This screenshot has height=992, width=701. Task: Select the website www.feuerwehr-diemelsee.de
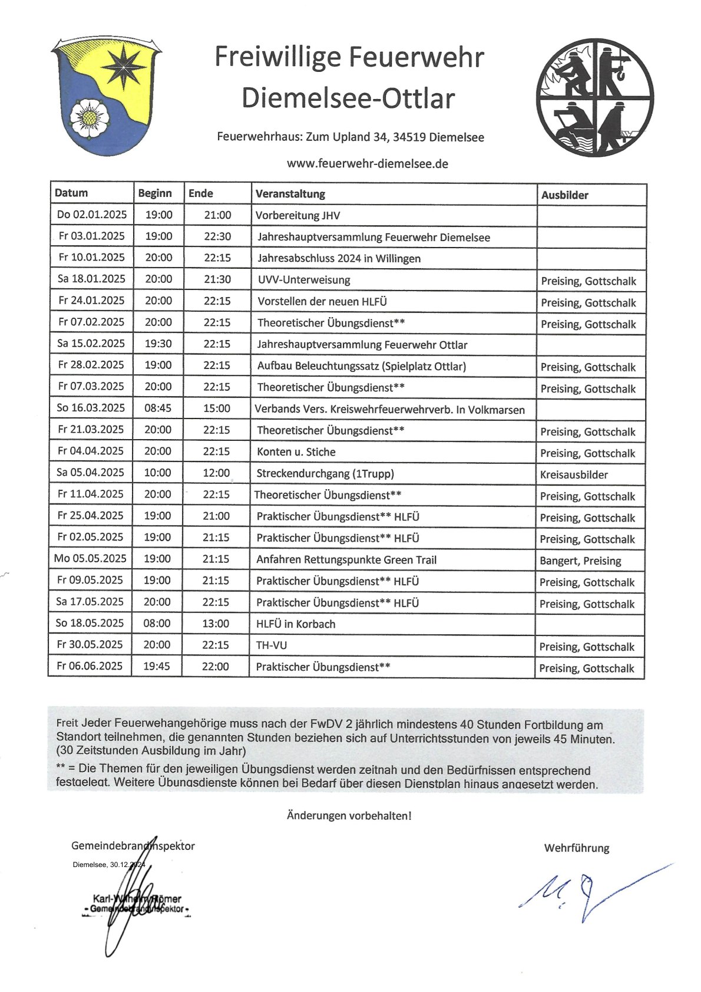point(367,164)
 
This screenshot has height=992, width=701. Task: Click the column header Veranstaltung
point(290,194)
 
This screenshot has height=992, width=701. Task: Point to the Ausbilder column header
point(564,195)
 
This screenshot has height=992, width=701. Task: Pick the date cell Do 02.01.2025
point(91,215)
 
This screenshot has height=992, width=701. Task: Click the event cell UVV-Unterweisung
point(304,279)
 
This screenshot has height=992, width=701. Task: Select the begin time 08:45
point(158,408)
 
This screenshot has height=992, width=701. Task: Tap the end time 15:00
point(217,408)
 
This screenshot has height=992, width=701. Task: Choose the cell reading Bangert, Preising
point(580,561)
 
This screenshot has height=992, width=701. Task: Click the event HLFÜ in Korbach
point(296,624)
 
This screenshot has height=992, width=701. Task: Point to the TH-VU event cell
point(272,645)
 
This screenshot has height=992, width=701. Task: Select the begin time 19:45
point(157,666)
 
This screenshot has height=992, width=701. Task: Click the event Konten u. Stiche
point(296,452)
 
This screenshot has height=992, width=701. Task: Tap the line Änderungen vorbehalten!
point(349,816)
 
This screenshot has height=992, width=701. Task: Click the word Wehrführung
point(577,848)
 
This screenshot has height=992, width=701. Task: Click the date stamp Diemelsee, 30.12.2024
point(109,865)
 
